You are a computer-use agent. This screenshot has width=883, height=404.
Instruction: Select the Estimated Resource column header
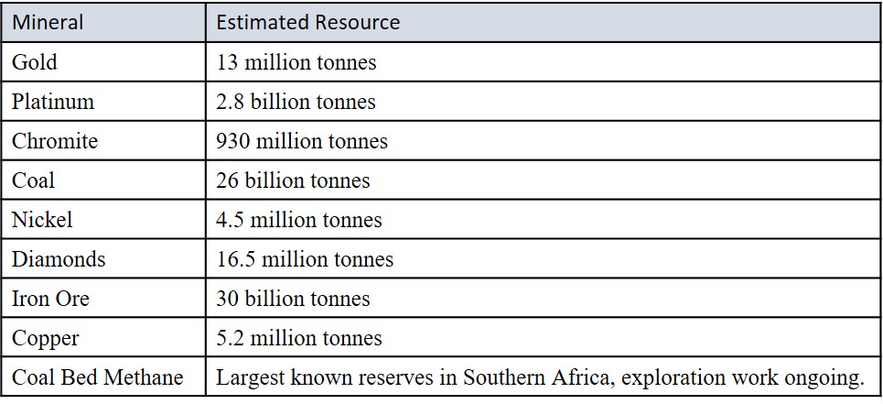click(x=308, y=23)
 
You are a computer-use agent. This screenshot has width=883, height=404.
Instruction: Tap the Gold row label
click(x=34, y=62)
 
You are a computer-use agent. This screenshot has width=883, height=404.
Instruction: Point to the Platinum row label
click(x=52, y=102)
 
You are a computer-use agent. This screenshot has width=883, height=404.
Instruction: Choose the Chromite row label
click(x=54, y=141)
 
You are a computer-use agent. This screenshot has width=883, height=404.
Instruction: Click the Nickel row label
click(x=41, y=220)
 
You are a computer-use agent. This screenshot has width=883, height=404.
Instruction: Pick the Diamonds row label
click(x=58, y=259)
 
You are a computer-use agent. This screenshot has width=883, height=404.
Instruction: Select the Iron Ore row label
click(x=50, y=299)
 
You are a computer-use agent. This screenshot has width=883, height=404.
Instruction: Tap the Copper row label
click(x=45, y=338)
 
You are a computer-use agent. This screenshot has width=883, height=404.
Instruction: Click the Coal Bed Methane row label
click(x=97, y=377)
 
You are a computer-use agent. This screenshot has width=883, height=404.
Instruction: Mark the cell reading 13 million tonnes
click(x=296, y=62)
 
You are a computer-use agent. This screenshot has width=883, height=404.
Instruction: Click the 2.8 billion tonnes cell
click(x=296, y=102)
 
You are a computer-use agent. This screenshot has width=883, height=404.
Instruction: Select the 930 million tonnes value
click(x=302, y=141)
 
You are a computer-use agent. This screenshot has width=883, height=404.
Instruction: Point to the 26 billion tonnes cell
click(x=293, y=180)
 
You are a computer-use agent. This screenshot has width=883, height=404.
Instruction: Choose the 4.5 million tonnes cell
click(x=299, y=220)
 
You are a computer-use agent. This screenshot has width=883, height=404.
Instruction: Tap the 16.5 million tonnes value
click(x=305, y=259)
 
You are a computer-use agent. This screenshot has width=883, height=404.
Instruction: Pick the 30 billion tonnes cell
click(x=293, y=299)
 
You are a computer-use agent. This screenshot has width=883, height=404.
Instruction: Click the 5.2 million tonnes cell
click(x=299, y=338)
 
